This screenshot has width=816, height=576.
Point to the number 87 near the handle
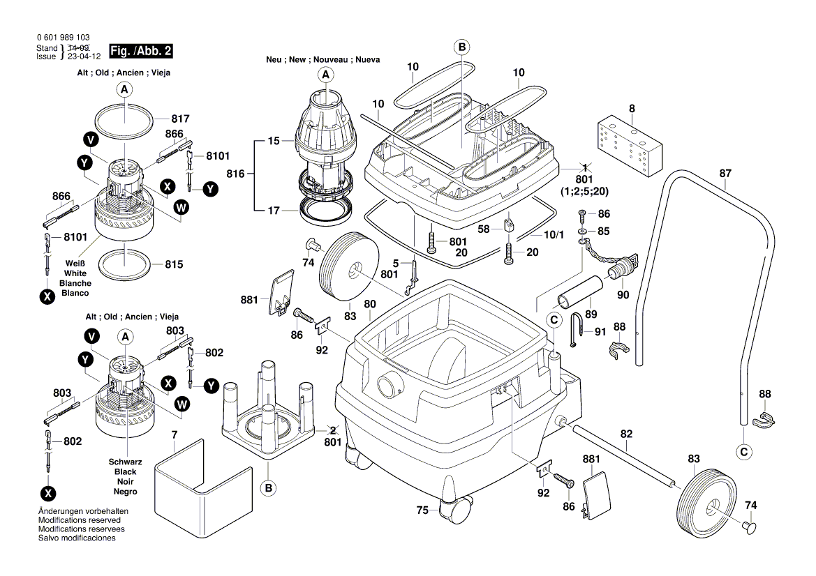pyautogui.click(x=725, y=173)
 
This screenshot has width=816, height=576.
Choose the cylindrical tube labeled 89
pyautogui.click(x=579, y=292)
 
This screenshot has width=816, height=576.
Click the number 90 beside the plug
pyautogui.click(x=623, y=295)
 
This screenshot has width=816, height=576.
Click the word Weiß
pyautogui.click(x=75, y=264)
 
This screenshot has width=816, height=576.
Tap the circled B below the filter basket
pyautogui.click(x=268, y=488)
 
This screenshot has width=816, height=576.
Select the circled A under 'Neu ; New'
pyautogui.click(x=325, y=75)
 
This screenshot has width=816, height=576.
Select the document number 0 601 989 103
pyautogui.click(x=62, y=38)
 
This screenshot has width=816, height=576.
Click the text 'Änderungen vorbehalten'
pyautogui.click(x=83, y=511)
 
